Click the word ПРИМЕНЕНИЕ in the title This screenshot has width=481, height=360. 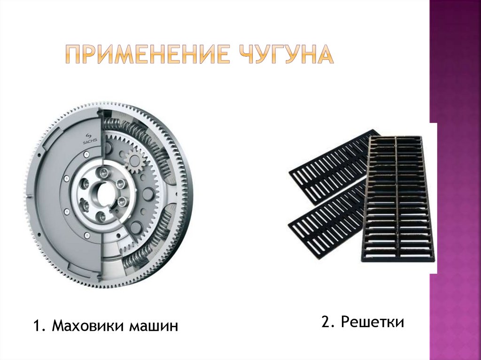coord(147,54)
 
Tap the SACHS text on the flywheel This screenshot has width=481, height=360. coord(90,141)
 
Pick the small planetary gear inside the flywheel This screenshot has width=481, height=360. coord(134,160)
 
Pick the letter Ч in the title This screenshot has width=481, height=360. coord(246,54)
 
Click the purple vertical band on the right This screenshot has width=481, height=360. coord(455,180)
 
